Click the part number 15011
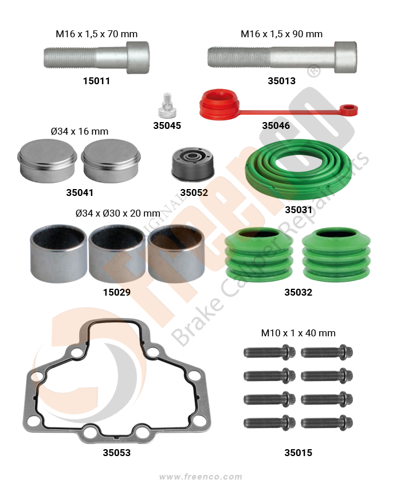click(96, 81)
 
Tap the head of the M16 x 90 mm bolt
click(345, 57)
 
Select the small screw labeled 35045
click(167, 105)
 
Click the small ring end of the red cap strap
click(349, 110)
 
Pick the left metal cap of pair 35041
click(47, 161)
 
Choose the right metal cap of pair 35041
click(111, 161)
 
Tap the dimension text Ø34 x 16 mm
click(80, 131)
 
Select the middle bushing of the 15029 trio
click(117, 254)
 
